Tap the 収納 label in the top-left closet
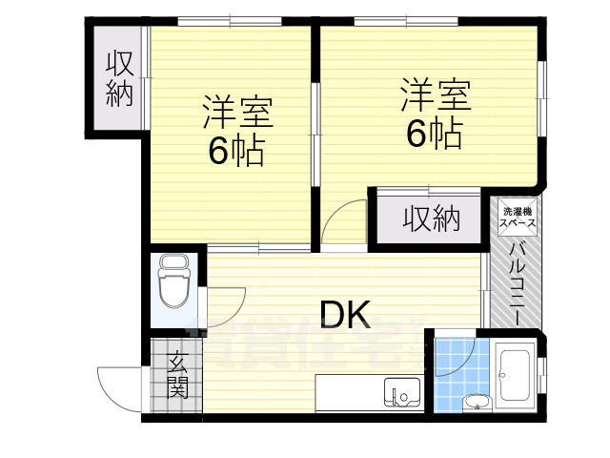pyautogui.click(x=119, y=79)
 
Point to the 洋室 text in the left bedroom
pyautogui.click(x=237, y=113)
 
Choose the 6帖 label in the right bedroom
pyautogui.click(x=434, y=134)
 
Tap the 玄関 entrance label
pyautogui.click(x=177, y=375)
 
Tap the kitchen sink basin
pyautogui.click(x=401, y=391)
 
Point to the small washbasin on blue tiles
pyautogui.click(x=473, y=401)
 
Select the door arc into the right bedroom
pyautogui.click(x=343, y=224)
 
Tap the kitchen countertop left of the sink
pyautogui.click(x=349, y=391)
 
